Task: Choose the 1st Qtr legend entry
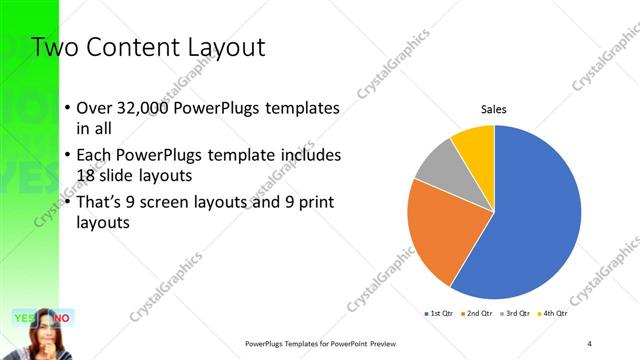440,313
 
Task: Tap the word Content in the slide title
127,47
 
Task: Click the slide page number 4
589,343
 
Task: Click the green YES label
25,318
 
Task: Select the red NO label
62,318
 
